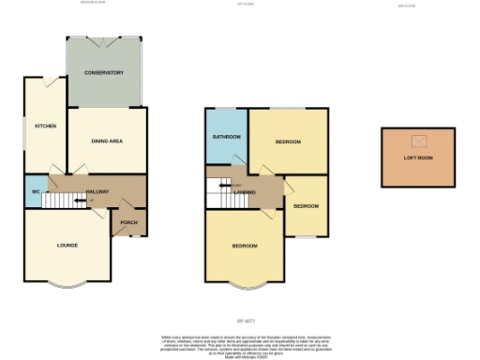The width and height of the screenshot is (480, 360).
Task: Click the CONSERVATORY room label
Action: point(104,72)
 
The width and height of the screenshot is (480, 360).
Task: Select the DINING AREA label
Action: point(107,141)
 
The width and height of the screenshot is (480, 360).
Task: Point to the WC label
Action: point(35,191)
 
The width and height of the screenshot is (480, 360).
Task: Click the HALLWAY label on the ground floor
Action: point(97,192)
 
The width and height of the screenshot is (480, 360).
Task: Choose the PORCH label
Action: point(128,222)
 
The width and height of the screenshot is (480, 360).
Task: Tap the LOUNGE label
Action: point(67,246)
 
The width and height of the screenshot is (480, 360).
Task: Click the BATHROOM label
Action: point(227,137)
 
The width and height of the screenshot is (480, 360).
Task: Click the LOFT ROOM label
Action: point(419,157)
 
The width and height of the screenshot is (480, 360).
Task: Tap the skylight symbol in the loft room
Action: point(419,141)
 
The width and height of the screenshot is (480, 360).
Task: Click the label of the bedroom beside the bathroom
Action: point(288,141)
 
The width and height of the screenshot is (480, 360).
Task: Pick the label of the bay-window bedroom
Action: point(245,246)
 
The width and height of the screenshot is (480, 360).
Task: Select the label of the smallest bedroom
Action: point(306,205)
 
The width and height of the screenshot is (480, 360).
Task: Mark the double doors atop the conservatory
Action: point(104,40)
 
